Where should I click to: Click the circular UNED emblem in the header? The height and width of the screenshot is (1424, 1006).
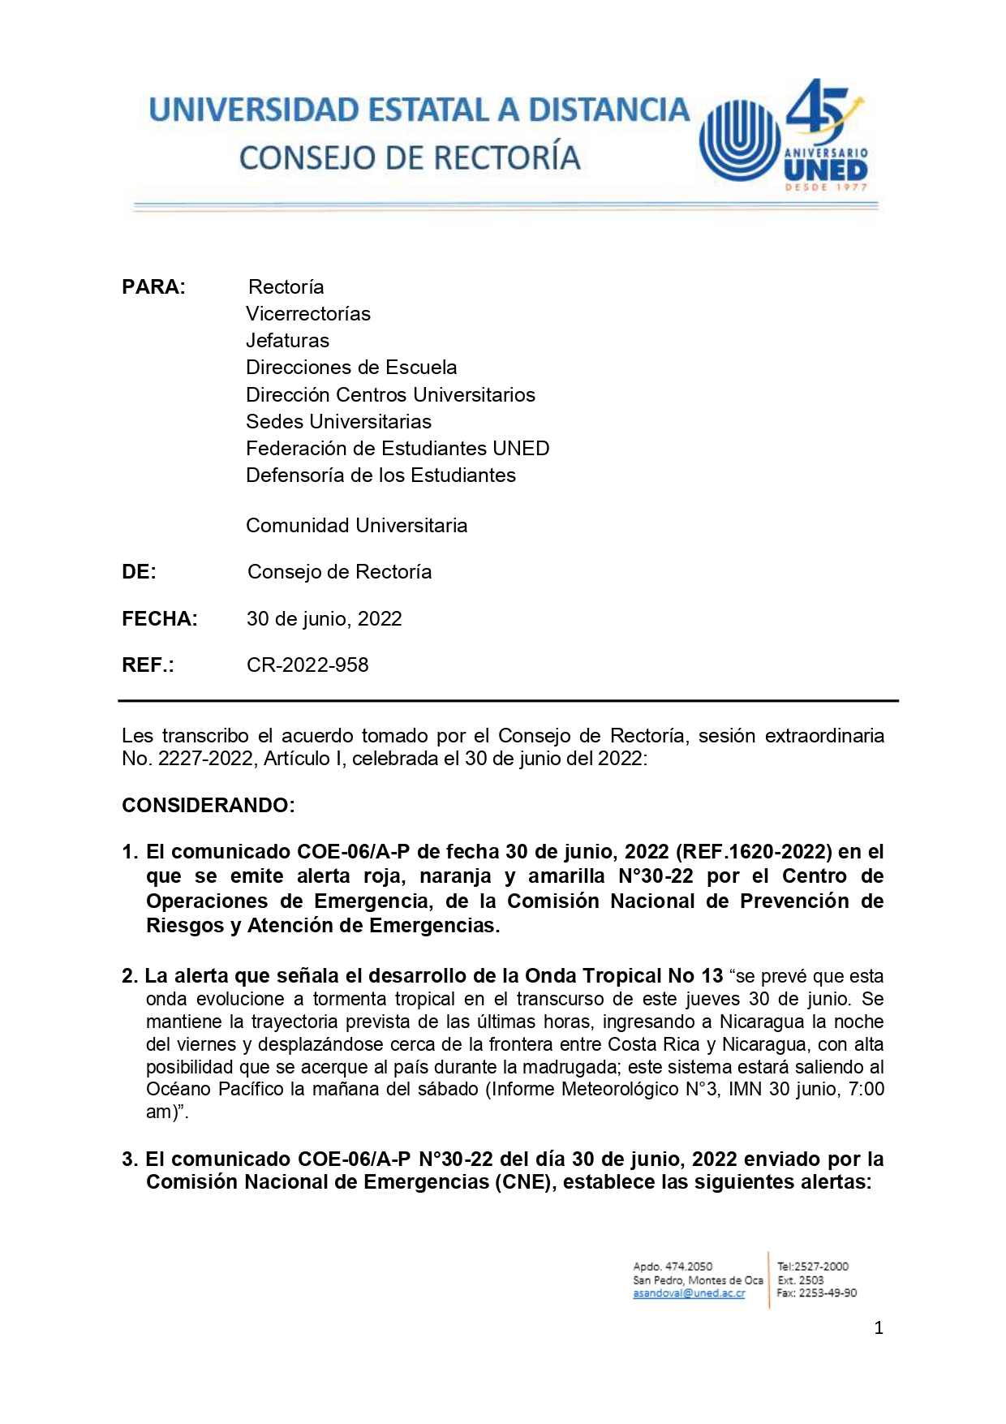click(x=738, y=139)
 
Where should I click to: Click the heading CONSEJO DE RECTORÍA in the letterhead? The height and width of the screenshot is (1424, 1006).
click(x=410, y=158)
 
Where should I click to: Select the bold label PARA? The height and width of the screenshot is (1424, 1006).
click(x=153, y=287)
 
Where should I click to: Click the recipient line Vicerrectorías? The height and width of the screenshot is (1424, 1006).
click(x=308, y=314)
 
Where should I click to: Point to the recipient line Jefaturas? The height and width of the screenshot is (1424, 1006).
click(x=287, y=341)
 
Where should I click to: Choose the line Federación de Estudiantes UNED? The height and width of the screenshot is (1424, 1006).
click(x=398, y=449)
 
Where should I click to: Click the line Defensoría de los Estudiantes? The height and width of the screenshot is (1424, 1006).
click(x=380, y=475)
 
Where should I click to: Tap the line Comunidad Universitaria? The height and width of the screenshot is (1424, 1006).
click(x=356, y=526)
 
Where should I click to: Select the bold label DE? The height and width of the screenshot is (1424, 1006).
click(x=139, y=572)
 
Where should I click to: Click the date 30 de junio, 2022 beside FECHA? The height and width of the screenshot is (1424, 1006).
click(x=324, y=619)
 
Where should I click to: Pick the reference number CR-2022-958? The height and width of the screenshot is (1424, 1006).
click(x=307, y=665)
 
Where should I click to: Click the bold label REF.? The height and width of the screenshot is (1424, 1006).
click(x=148, y=665)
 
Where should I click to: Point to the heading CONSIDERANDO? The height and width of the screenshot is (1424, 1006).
click(x=209, y=806)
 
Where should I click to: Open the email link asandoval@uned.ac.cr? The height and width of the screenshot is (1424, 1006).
click(x=689, y=1293)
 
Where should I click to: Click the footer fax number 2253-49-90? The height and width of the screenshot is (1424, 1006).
click(x=827, y=1293)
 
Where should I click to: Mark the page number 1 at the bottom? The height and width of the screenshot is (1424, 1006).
click(x=879, y=1328)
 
